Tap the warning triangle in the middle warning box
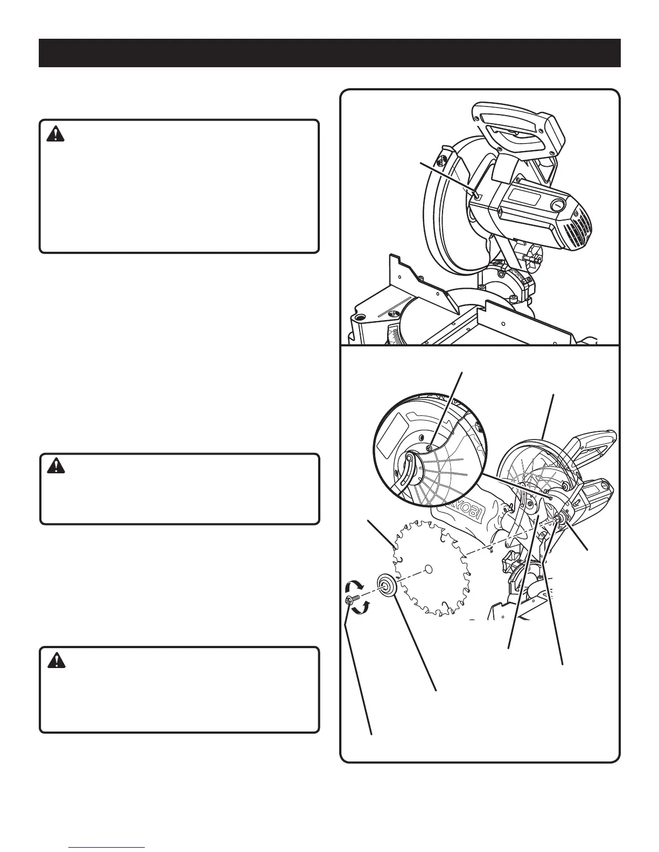click(55, 466)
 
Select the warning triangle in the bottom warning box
click(55, 660)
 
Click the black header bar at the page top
click(329, 53)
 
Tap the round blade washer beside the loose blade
click(387, 585)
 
